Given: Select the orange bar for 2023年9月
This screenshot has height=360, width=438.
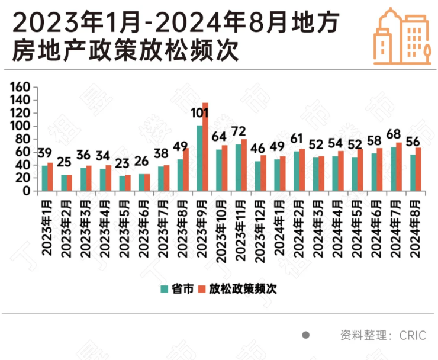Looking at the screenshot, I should pyautogui.click(x=205, y=147).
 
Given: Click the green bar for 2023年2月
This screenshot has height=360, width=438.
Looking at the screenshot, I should pyautogui.click(x=64, y=183).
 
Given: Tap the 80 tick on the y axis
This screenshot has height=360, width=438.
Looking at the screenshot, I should pyautogui.click(x=24, y=139).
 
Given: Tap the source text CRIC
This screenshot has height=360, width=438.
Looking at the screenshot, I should pyautogui.click(x=413, y=335).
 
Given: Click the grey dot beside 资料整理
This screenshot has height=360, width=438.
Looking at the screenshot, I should pyautogui.click(x=305, y=335).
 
